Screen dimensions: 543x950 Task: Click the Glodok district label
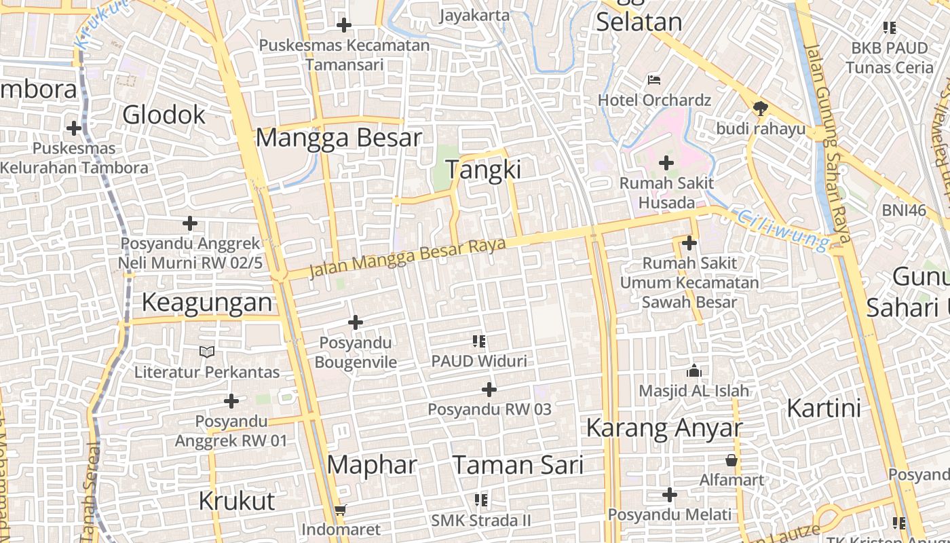(164, 114)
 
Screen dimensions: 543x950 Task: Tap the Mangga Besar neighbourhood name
(339, 138)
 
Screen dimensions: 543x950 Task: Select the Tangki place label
(483, 170)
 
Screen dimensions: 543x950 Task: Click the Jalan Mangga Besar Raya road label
(408, 257)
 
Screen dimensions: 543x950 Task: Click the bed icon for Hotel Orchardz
(654, 80)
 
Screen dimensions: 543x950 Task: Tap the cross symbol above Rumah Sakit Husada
(666, 163)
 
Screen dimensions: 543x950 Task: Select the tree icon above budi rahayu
(760, 109)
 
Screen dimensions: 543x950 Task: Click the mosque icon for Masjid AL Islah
(693, 371)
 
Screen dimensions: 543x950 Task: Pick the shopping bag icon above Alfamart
(731, 460)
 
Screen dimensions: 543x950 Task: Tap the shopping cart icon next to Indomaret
(341, 510)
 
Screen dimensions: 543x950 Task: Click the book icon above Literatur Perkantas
(207, 352)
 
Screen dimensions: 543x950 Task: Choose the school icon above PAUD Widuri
(479, 341)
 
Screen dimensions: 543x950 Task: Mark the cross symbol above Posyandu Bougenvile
(356, 322)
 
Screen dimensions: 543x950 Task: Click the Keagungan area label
(207, 303)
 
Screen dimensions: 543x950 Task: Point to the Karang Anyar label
(664, 428)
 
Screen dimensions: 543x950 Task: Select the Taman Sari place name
(518, 465)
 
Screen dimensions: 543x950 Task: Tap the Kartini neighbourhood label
(824, 409)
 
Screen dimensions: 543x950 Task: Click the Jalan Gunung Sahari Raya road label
(827, 143)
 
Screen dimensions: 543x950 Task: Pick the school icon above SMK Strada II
(481, 501)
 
